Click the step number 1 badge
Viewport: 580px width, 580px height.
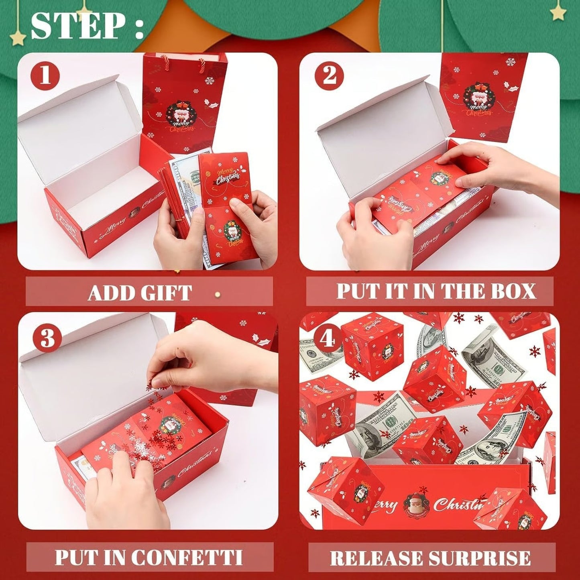[x=45, y=75]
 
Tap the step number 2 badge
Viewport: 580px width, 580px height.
[x=329, y=75]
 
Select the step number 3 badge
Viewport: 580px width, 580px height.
[x=47, y=338]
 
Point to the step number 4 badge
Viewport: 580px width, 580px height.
[x=328, y=338]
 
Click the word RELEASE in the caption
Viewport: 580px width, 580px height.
[x=376, y=558]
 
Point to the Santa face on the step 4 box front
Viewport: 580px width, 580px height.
[x=417, y=503]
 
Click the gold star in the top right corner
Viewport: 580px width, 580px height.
[x=558, y=13]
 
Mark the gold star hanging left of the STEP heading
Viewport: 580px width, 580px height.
[x=17, y=38]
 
